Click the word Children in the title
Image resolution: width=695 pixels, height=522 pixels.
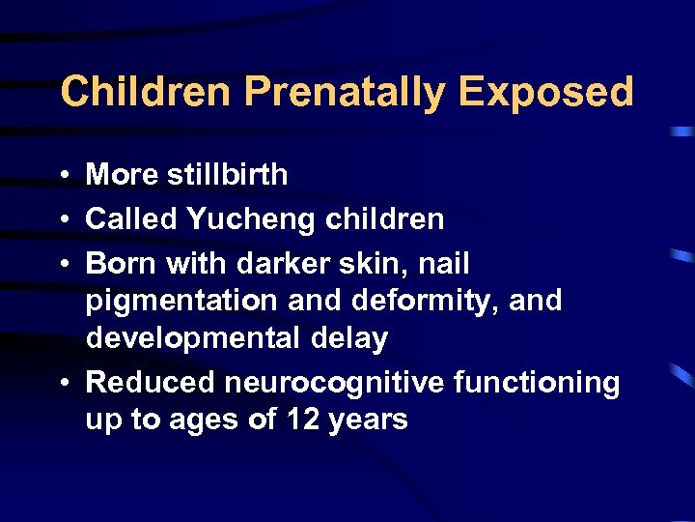(146, 93)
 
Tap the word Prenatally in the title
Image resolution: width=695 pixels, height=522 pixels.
(345, 93)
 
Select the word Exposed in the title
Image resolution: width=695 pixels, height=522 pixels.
(546, 93)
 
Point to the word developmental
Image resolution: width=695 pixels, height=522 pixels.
(191, 339)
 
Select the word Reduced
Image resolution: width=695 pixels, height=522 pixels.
(152, 383)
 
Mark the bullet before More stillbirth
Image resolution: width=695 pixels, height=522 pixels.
(61, 176)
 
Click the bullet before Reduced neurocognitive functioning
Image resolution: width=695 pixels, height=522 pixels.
(61, 384)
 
